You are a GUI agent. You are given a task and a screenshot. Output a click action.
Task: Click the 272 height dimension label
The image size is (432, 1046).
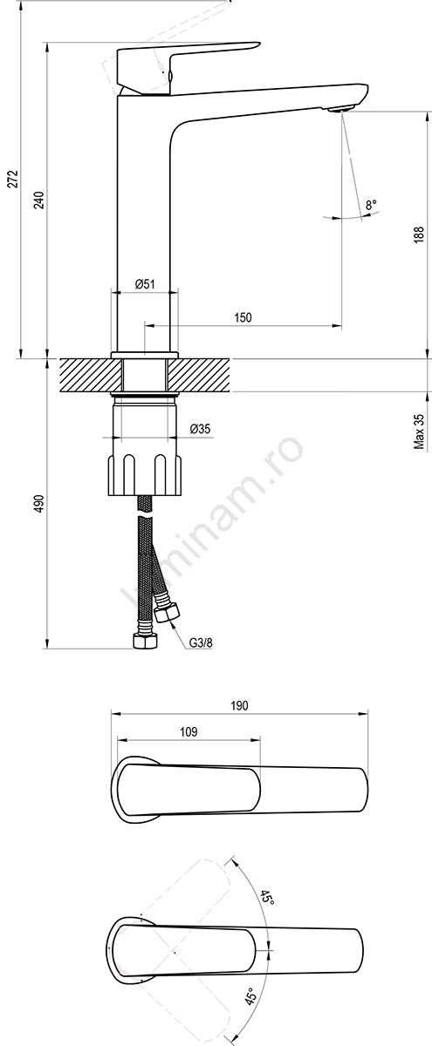click(x=15, y=179)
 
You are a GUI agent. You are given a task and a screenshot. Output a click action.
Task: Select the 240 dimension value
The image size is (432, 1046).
click(x=42, y=200)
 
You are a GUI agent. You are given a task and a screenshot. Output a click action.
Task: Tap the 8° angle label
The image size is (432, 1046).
click(x=371, y=205)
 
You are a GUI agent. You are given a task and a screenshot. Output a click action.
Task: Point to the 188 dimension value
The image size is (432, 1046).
click(x=419, y=234)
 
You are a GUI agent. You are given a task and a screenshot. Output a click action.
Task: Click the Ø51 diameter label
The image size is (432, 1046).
click(x=145, y=284)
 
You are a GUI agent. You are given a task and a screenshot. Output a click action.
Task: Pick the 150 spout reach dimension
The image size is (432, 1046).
click(x=243, y=317)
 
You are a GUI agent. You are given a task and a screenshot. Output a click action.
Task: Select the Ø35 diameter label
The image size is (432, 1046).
click(x=201, y=428)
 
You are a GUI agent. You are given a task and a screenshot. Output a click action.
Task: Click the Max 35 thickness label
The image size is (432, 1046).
click(x=420, y=431)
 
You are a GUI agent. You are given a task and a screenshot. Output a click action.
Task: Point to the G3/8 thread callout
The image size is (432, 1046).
click(x=201, y=642)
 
